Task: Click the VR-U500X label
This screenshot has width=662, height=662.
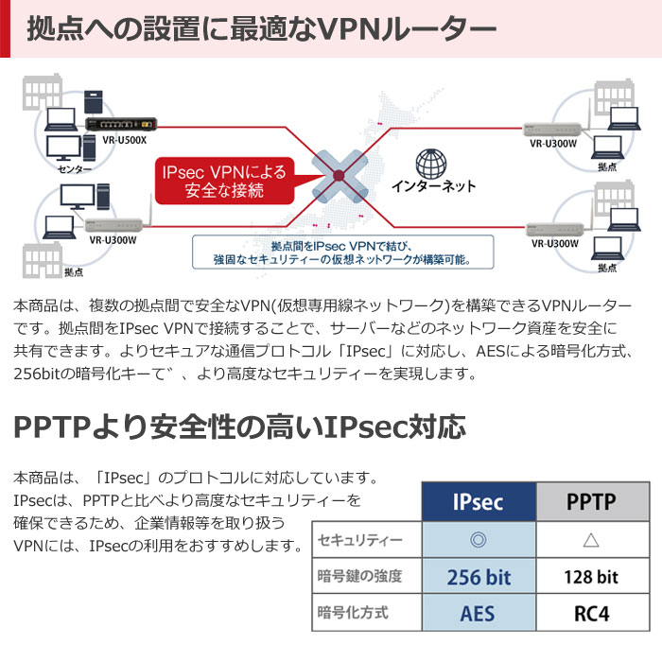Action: (x=124, y=140)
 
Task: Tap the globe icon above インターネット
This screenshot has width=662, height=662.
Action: (x=430, y=164)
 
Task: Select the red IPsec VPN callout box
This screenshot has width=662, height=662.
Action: (x=224, y=181)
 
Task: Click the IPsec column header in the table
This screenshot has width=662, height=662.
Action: (x=479, y=501)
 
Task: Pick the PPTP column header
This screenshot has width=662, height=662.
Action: (x=593, y=501)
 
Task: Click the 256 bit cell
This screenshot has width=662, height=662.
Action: (x=479, y=576)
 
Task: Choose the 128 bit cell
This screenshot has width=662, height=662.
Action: (x=593, y=576)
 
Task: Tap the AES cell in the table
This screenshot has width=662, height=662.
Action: (x=479, y=613)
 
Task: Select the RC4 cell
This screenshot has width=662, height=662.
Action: (x=593, y=613)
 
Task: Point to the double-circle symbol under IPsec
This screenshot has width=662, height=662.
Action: (x=479, y=540)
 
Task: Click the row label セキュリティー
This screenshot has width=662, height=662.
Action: (x=360, y=540)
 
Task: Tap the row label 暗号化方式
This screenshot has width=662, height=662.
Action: (x=353, y=613)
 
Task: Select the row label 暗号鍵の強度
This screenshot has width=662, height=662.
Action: (x=359, y=576)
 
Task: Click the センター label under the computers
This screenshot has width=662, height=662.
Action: (x=75, y=169)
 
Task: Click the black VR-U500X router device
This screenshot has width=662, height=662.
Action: (x=121, y=124)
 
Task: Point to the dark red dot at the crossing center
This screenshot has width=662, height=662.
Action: (x=339, y=175)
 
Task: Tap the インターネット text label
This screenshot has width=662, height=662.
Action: (x=433, y=186)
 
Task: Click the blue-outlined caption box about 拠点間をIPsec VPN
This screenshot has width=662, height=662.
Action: (x=342, y=253)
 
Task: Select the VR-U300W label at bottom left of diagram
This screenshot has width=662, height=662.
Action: (x=113, y=240)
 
